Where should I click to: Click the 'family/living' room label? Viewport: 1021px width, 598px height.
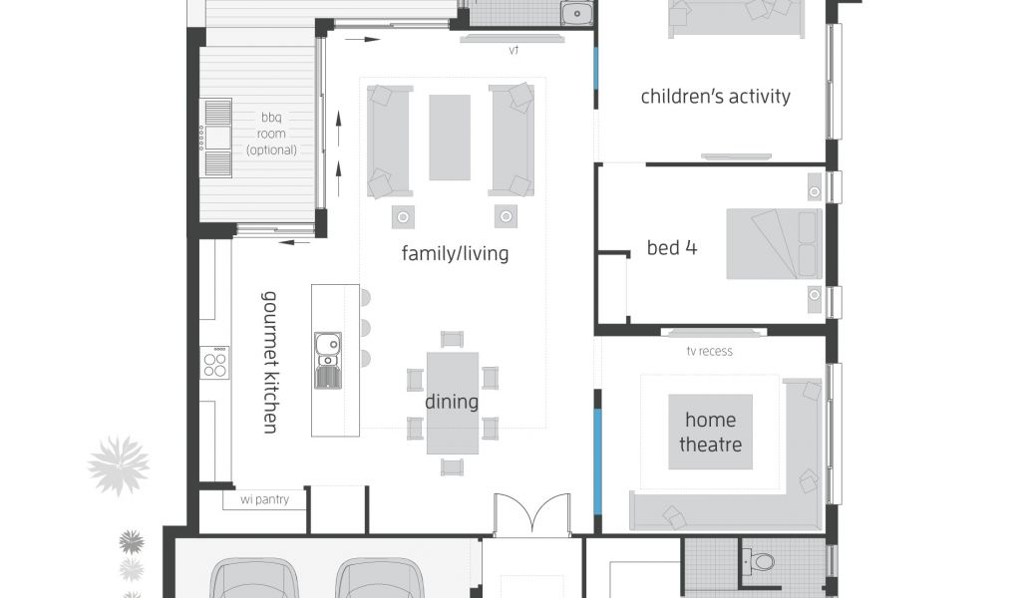455,253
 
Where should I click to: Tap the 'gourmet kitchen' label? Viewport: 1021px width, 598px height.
269,362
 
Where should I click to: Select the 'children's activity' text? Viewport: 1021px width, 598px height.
715,97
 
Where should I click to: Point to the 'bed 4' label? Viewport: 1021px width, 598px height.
671,247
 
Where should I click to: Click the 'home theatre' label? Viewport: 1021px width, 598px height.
710,433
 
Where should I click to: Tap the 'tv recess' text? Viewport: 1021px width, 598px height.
709,352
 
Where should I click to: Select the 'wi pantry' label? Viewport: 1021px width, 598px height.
264,499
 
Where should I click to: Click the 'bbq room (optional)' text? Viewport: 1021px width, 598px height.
271,134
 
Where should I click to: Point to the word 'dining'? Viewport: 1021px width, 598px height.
452,402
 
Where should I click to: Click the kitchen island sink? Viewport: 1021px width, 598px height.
327,361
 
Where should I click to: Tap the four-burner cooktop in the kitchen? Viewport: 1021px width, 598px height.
214,363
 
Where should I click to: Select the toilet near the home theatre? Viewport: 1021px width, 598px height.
759,561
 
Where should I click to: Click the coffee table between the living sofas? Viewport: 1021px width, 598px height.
450,138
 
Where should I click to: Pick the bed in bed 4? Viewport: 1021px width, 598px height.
774,244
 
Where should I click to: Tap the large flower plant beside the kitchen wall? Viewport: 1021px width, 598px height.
118,465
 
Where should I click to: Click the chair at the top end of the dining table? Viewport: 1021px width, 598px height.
452,339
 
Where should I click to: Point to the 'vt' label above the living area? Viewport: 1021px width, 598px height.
513,50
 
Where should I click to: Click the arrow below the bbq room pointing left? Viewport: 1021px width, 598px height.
295,243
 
